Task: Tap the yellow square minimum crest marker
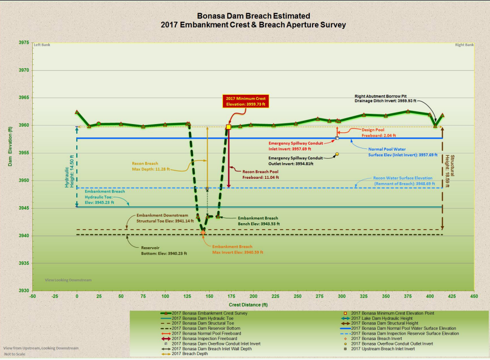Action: (x=228, y=127)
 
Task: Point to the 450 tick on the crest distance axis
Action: (x=473, y=296)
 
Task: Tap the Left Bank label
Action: (x=41, y=45)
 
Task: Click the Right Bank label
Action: (x=464, y=45)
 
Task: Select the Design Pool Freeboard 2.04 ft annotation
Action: (x=379, y=133)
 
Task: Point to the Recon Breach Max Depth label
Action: (x=151, y=166)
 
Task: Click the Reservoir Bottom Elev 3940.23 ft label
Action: (x=162, y=251)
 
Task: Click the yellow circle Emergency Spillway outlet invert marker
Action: (x=337, y=154)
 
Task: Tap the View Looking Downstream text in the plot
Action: (x=68, y=280)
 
